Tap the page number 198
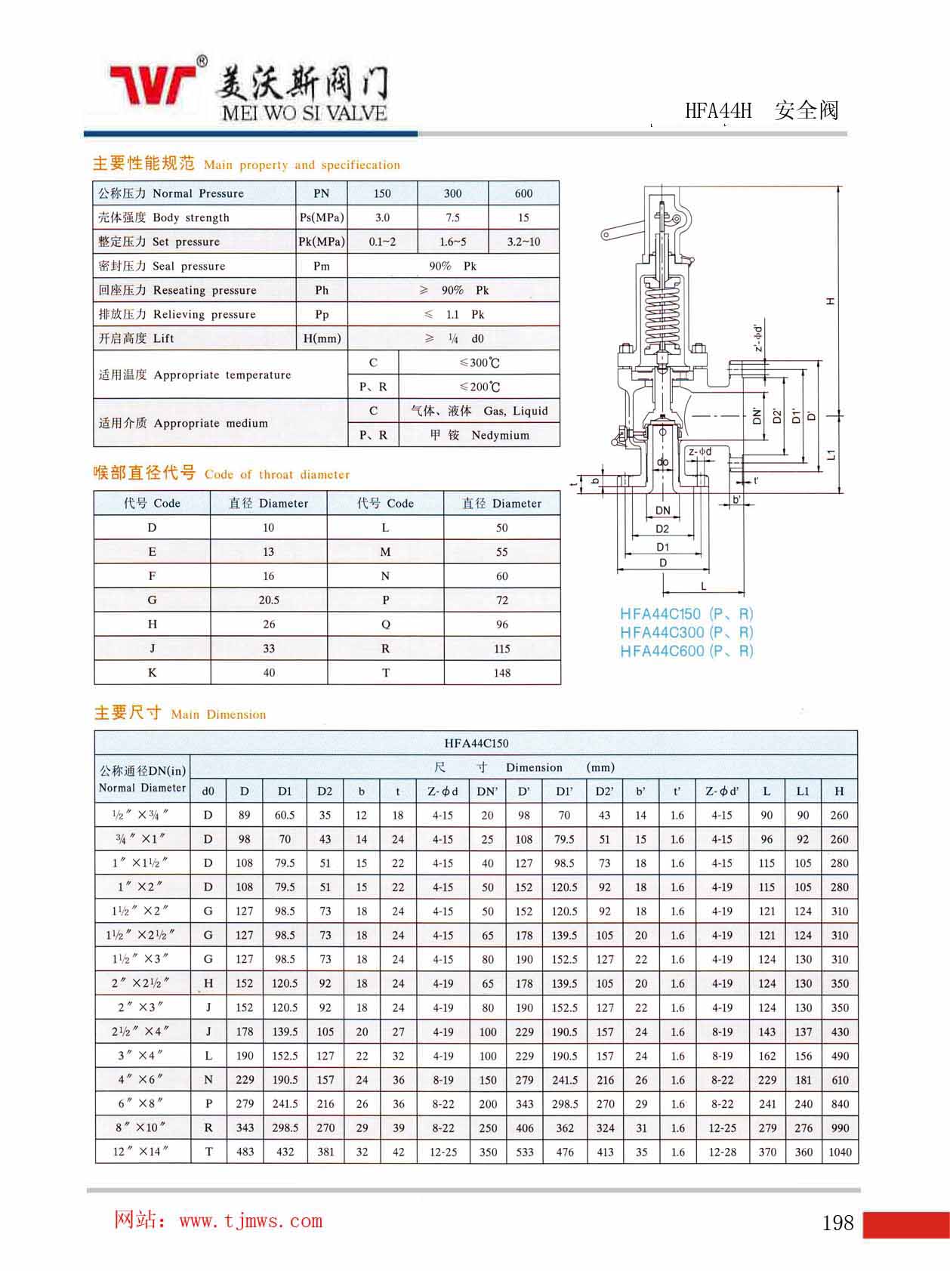837,1222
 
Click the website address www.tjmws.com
251,1220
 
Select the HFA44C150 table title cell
476,743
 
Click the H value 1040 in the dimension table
839,1152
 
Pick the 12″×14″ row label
141,1152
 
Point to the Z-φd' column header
722,791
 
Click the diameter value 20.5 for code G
269,600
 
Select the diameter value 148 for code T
501,673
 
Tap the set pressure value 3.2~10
523,242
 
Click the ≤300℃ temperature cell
480,362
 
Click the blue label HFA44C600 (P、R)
686,651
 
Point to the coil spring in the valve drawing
662,309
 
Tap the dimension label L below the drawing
703,586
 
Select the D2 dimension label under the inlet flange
662,529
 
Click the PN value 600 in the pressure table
523,193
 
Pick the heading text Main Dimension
218,714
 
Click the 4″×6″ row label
141,1079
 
